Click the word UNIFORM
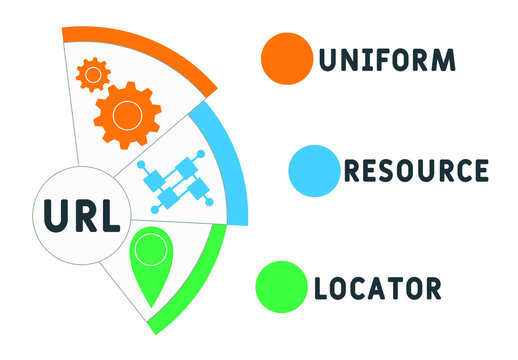[x=387, y=59]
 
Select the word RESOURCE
[x=416, y=170]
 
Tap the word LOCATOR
[x=377, y=289]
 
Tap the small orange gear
[x=93, y=74]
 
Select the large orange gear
[x=127, y=115]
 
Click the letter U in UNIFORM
[x=327, y=59]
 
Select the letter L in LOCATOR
[x=321, y=289]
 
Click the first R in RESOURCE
[x=353, y=170]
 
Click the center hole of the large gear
[x=127, y=115]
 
